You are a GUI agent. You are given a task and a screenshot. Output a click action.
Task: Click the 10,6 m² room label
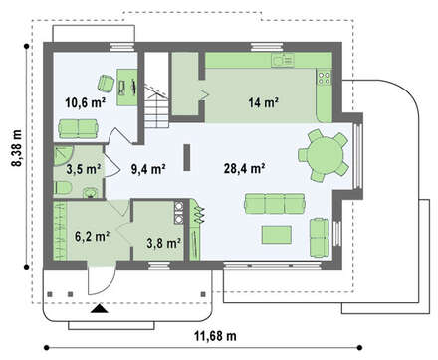85,102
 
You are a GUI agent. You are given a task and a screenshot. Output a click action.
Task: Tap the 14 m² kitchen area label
263,102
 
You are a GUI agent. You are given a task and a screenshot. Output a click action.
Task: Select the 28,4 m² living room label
244,168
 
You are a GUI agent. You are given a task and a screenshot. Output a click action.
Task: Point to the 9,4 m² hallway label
148,169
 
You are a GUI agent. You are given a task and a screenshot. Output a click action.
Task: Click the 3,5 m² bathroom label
84,169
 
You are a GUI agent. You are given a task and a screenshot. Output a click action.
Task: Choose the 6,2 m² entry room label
93,237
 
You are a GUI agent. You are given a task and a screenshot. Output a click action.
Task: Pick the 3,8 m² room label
164,243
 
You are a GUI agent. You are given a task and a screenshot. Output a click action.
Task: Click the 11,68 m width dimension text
215,336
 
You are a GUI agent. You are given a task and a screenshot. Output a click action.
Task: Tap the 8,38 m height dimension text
17,148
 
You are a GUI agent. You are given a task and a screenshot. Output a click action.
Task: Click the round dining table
325,155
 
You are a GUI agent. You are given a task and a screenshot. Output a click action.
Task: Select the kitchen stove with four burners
325,78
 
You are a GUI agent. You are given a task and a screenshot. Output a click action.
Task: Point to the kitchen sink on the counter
283,60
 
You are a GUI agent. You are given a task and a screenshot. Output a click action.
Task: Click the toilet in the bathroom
63,188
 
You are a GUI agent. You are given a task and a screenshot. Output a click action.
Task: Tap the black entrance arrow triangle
100,309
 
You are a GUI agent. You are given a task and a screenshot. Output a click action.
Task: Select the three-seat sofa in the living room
275,204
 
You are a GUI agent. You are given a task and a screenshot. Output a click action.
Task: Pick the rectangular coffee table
277,235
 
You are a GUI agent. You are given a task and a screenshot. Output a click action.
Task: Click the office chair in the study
106,83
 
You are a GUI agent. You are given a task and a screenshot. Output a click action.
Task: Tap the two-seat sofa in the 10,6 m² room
78,129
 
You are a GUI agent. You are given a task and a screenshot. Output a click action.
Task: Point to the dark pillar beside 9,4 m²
187,157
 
